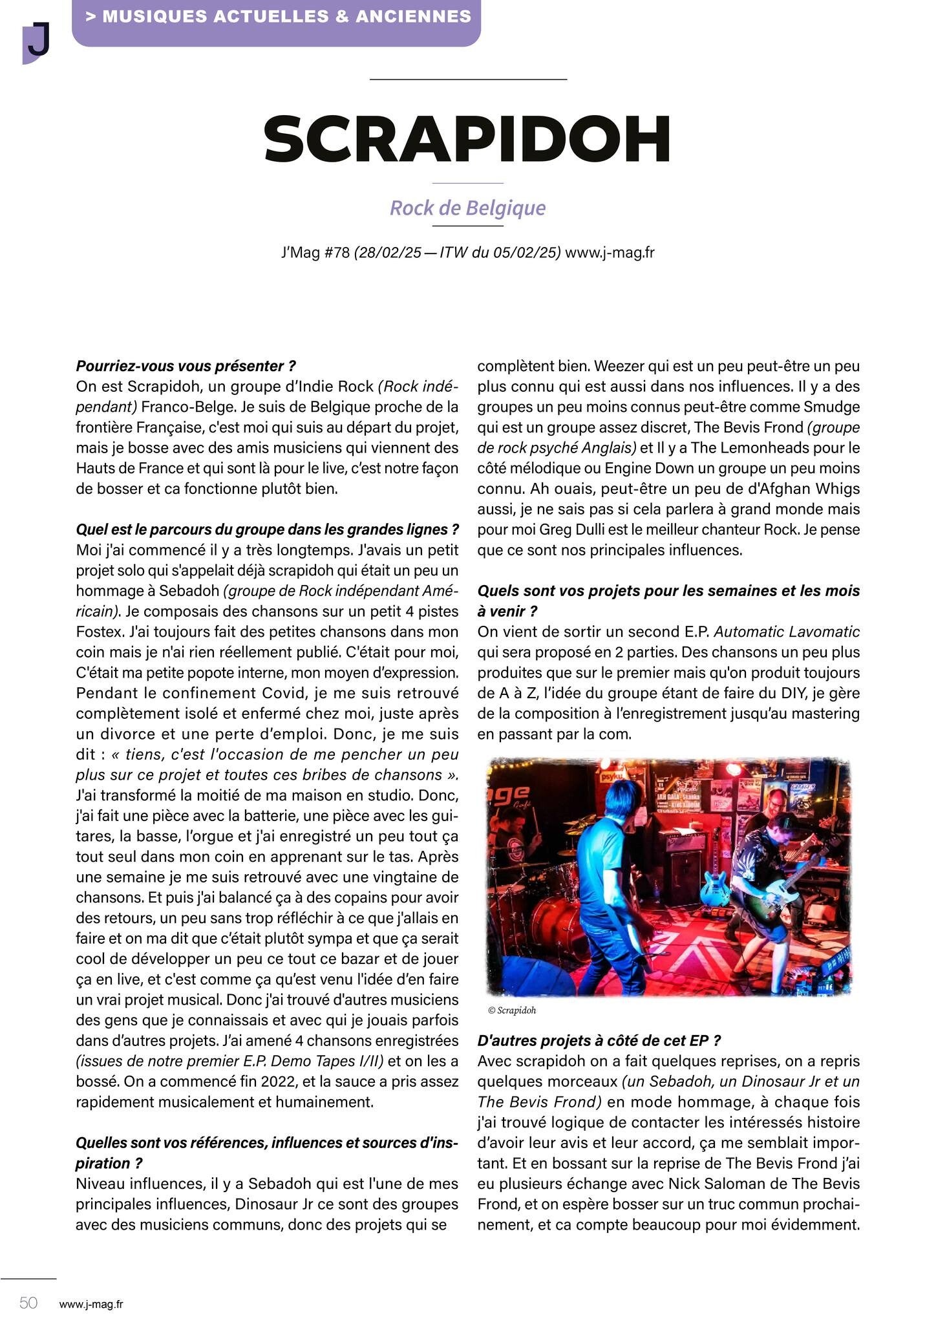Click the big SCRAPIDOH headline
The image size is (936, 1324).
click(x=467, y=139)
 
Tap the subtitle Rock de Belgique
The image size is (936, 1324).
click(x=467, y=208)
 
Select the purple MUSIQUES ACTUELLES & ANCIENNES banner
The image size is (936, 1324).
click(x=278, y=17)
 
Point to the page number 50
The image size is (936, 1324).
click(x=28, y=1302)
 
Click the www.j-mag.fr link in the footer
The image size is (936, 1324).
click(x=90, y=1304)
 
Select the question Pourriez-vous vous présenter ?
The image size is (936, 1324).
click(x=186, y=366)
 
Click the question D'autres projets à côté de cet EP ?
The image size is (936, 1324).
click(x=599, y=1041)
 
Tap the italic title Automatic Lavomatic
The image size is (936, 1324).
click(x=787, y=632)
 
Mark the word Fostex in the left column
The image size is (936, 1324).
click(x=98, y=632)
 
